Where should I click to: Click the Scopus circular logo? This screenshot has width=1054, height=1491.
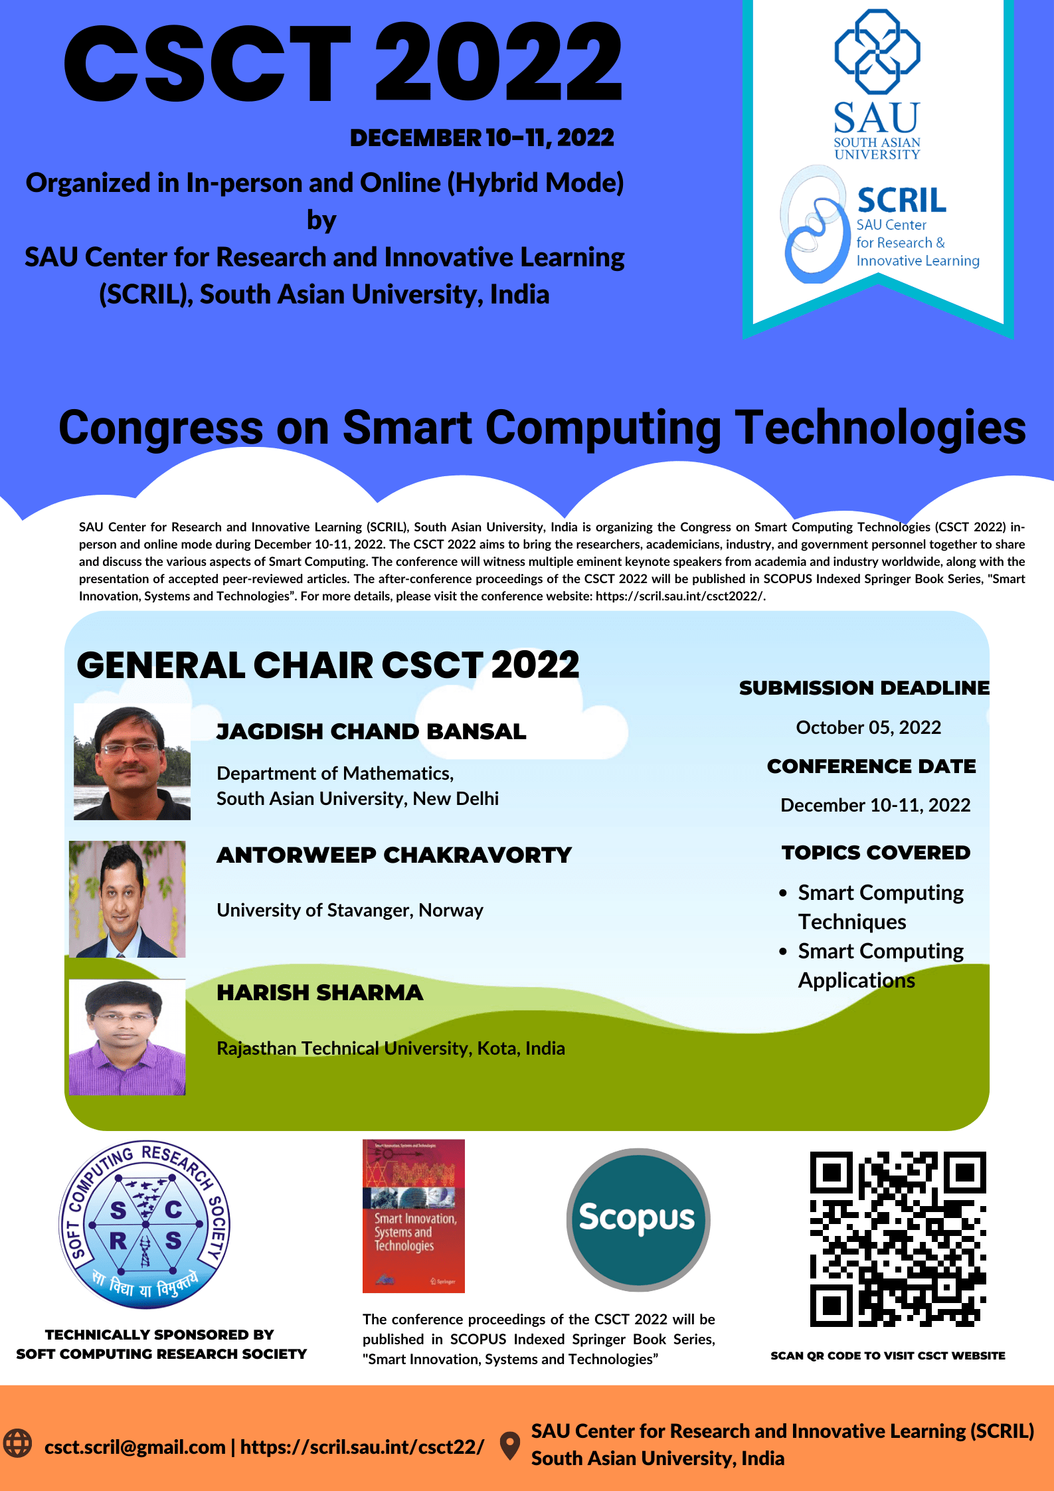(x=638, y=1219)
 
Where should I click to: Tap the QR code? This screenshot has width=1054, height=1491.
(x=898, y=1239)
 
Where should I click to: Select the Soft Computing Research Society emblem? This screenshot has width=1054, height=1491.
(x=145, y=1225)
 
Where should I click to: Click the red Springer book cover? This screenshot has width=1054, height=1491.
(x=413, y=1216)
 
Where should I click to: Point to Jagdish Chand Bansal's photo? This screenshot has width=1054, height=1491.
(x=132, y=762)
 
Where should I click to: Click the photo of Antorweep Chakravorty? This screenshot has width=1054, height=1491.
(x=128, y=899)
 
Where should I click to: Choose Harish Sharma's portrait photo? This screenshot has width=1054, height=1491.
(x=128, y=1037)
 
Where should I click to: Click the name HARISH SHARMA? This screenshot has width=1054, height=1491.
(x=319, y=992)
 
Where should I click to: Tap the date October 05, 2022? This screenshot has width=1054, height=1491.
(x=869, y=727)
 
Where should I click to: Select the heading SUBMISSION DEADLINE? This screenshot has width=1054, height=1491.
(x=864, y=687)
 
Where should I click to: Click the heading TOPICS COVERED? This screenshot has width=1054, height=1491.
(x=876, y=852)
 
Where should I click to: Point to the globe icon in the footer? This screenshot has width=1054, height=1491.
(x=17, y=1443)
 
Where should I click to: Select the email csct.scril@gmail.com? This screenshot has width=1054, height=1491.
(x=135, y=1447)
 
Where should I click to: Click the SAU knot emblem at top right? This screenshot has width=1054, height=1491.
(x=877, y=51)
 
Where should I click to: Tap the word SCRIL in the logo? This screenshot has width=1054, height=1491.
(x=901, y=201)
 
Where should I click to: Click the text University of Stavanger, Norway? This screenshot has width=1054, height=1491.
(x=350, y=910)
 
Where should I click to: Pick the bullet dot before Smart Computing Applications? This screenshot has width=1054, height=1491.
(x=784, y=951)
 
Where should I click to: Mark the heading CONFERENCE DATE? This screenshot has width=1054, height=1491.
(x=871, y=766)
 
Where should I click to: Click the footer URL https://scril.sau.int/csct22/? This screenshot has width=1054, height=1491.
(x=362, y=1447)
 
